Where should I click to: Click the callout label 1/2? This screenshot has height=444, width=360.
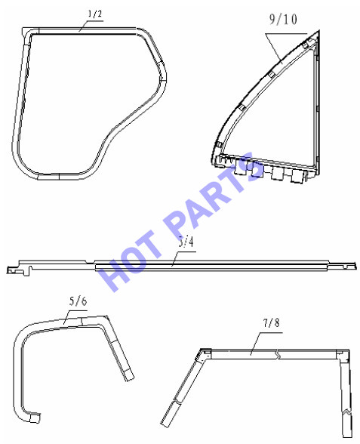pos(95,14)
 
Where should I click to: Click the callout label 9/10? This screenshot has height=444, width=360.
pos(283,20)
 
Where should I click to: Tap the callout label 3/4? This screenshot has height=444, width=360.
pos(186,242)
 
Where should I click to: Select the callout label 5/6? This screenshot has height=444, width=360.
pos(78,301)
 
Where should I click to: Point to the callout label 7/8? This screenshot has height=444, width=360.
pos(271,322)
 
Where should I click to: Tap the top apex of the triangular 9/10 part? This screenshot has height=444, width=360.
pos(319,30)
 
